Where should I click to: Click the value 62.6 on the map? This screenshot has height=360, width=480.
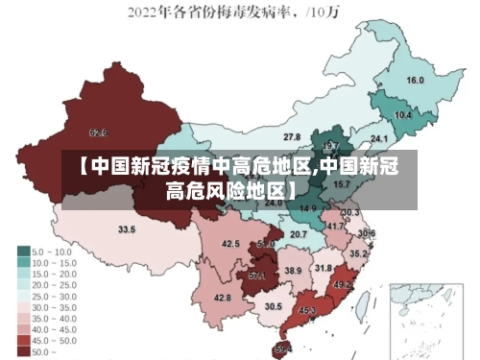(x=98, y=132)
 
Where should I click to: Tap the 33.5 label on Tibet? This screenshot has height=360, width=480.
(x=127, y=229)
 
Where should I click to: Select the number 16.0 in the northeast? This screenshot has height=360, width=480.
(x=416, y=81)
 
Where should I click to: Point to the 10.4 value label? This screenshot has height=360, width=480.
(x=403, y=115)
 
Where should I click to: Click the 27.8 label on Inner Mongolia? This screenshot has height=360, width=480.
(x=291, y=137)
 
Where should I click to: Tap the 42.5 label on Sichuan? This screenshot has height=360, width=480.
(x=230, y=244)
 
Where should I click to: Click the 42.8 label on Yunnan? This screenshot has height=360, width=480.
(x=222, y=298)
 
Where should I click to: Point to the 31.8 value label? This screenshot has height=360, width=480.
(x=324, y=268)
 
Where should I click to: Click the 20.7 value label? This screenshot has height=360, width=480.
(x=299, y=234)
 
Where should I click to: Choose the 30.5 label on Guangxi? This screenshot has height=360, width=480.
(x=274, y=306)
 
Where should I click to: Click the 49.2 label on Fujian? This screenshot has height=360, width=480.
(x=343, y=285)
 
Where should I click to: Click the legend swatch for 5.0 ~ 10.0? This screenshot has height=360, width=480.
(x=23, y=251)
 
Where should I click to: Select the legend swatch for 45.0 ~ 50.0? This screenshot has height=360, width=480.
(x=23, y=340)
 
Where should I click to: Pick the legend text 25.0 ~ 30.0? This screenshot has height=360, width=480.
(x=56, y=296)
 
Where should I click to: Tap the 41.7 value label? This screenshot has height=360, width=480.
(x=333, y=226)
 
